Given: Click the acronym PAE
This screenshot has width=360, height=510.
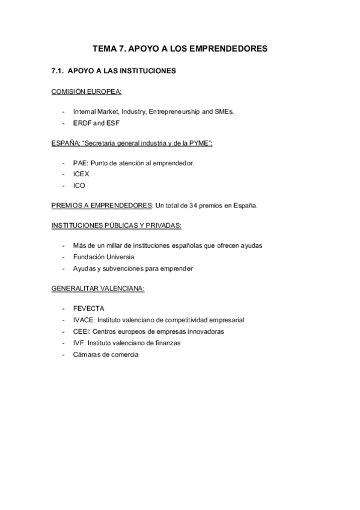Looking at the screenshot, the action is point(79,163).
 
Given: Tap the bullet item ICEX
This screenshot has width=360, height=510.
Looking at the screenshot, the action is point(81,174).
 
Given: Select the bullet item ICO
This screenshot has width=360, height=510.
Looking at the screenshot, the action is point(79,185).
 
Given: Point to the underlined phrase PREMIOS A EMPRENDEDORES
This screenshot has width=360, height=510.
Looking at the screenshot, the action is point(102,205).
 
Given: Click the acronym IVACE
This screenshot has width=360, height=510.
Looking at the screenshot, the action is point(83,320).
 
